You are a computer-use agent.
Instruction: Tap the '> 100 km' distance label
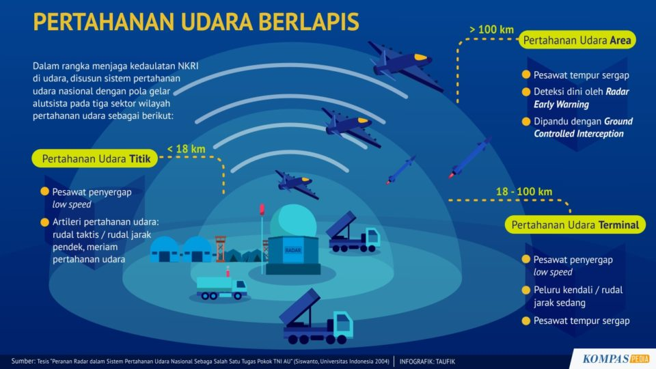coord(491,29)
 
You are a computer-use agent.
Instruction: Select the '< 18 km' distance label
coord(186,149)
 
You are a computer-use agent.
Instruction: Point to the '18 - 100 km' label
coord(524,191)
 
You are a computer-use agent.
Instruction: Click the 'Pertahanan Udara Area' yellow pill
coord(577,40)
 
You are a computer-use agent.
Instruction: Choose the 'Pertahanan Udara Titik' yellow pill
coord(95,159)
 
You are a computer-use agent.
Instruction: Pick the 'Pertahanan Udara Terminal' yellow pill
coord(575,225)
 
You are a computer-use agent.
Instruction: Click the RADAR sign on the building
coord(293,250)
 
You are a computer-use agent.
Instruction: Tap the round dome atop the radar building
coord(293,221)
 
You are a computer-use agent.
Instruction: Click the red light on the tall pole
coord(262,210)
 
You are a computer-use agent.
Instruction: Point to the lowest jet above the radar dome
coord(297,184)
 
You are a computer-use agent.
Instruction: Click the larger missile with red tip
coord(469,158)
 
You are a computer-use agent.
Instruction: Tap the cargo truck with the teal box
coord(221,286)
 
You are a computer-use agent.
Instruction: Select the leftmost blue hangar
coord(165,250)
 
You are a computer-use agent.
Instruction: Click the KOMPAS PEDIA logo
coord(616,359)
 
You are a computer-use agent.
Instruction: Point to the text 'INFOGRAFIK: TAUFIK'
coord(427,361)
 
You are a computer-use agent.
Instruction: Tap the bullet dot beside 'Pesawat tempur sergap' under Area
coord(526,74)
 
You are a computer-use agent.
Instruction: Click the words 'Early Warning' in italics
coord(561,105)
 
